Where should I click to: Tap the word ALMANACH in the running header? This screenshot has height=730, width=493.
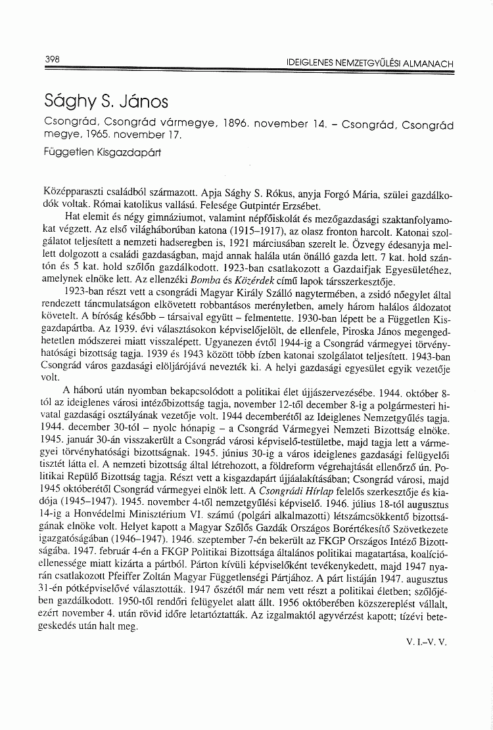427,64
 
